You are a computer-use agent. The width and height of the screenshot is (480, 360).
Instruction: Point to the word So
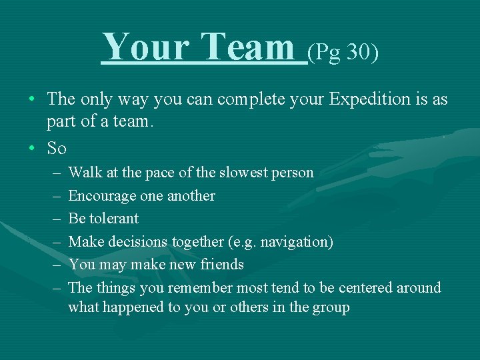tap(57, 147)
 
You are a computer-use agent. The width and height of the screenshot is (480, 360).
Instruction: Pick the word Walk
tap(83, 173)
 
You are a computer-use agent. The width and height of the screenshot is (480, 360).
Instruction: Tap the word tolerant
tap(114, 219)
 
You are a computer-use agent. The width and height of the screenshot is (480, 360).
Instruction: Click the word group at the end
tap(331, 308)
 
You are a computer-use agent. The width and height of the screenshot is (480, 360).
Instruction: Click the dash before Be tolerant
tap(54, 219)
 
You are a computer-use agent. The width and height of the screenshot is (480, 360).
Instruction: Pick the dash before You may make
tap(54, 265)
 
